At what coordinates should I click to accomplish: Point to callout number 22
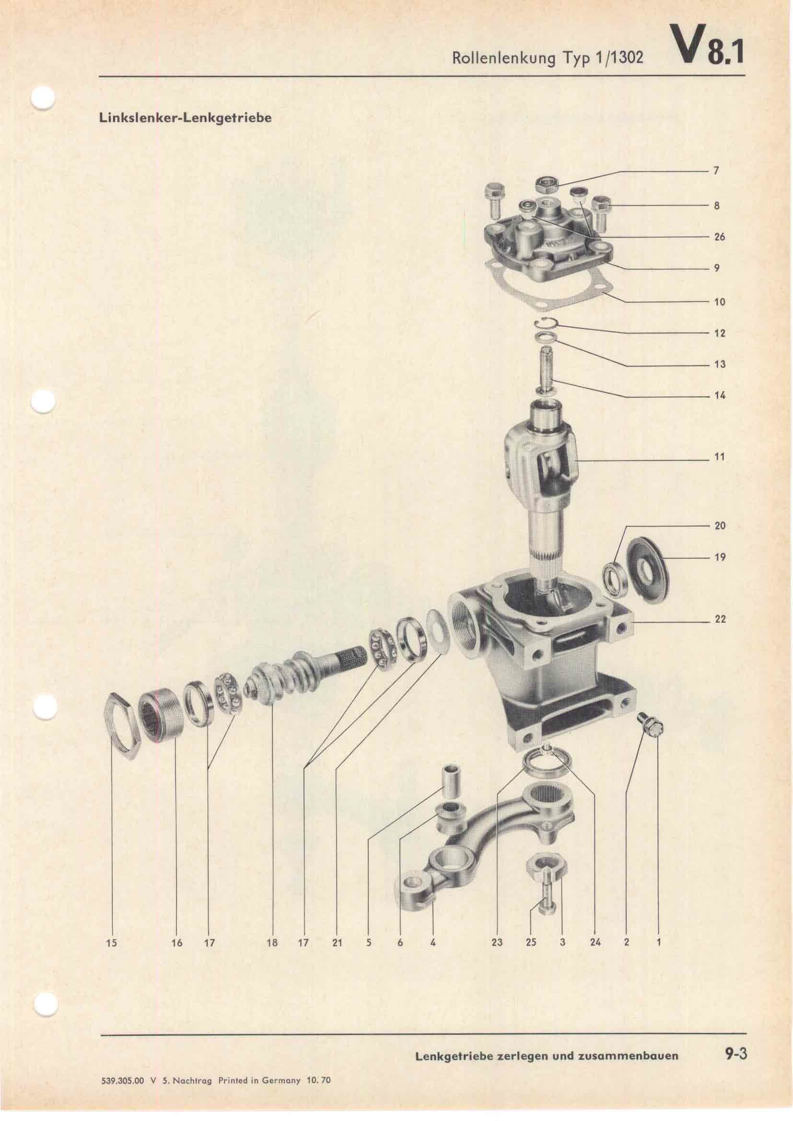(x=720, y=620)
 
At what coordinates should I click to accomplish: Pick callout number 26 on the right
(x=720, y=237)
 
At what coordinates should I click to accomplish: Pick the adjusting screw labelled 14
(x=548, y=368)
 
